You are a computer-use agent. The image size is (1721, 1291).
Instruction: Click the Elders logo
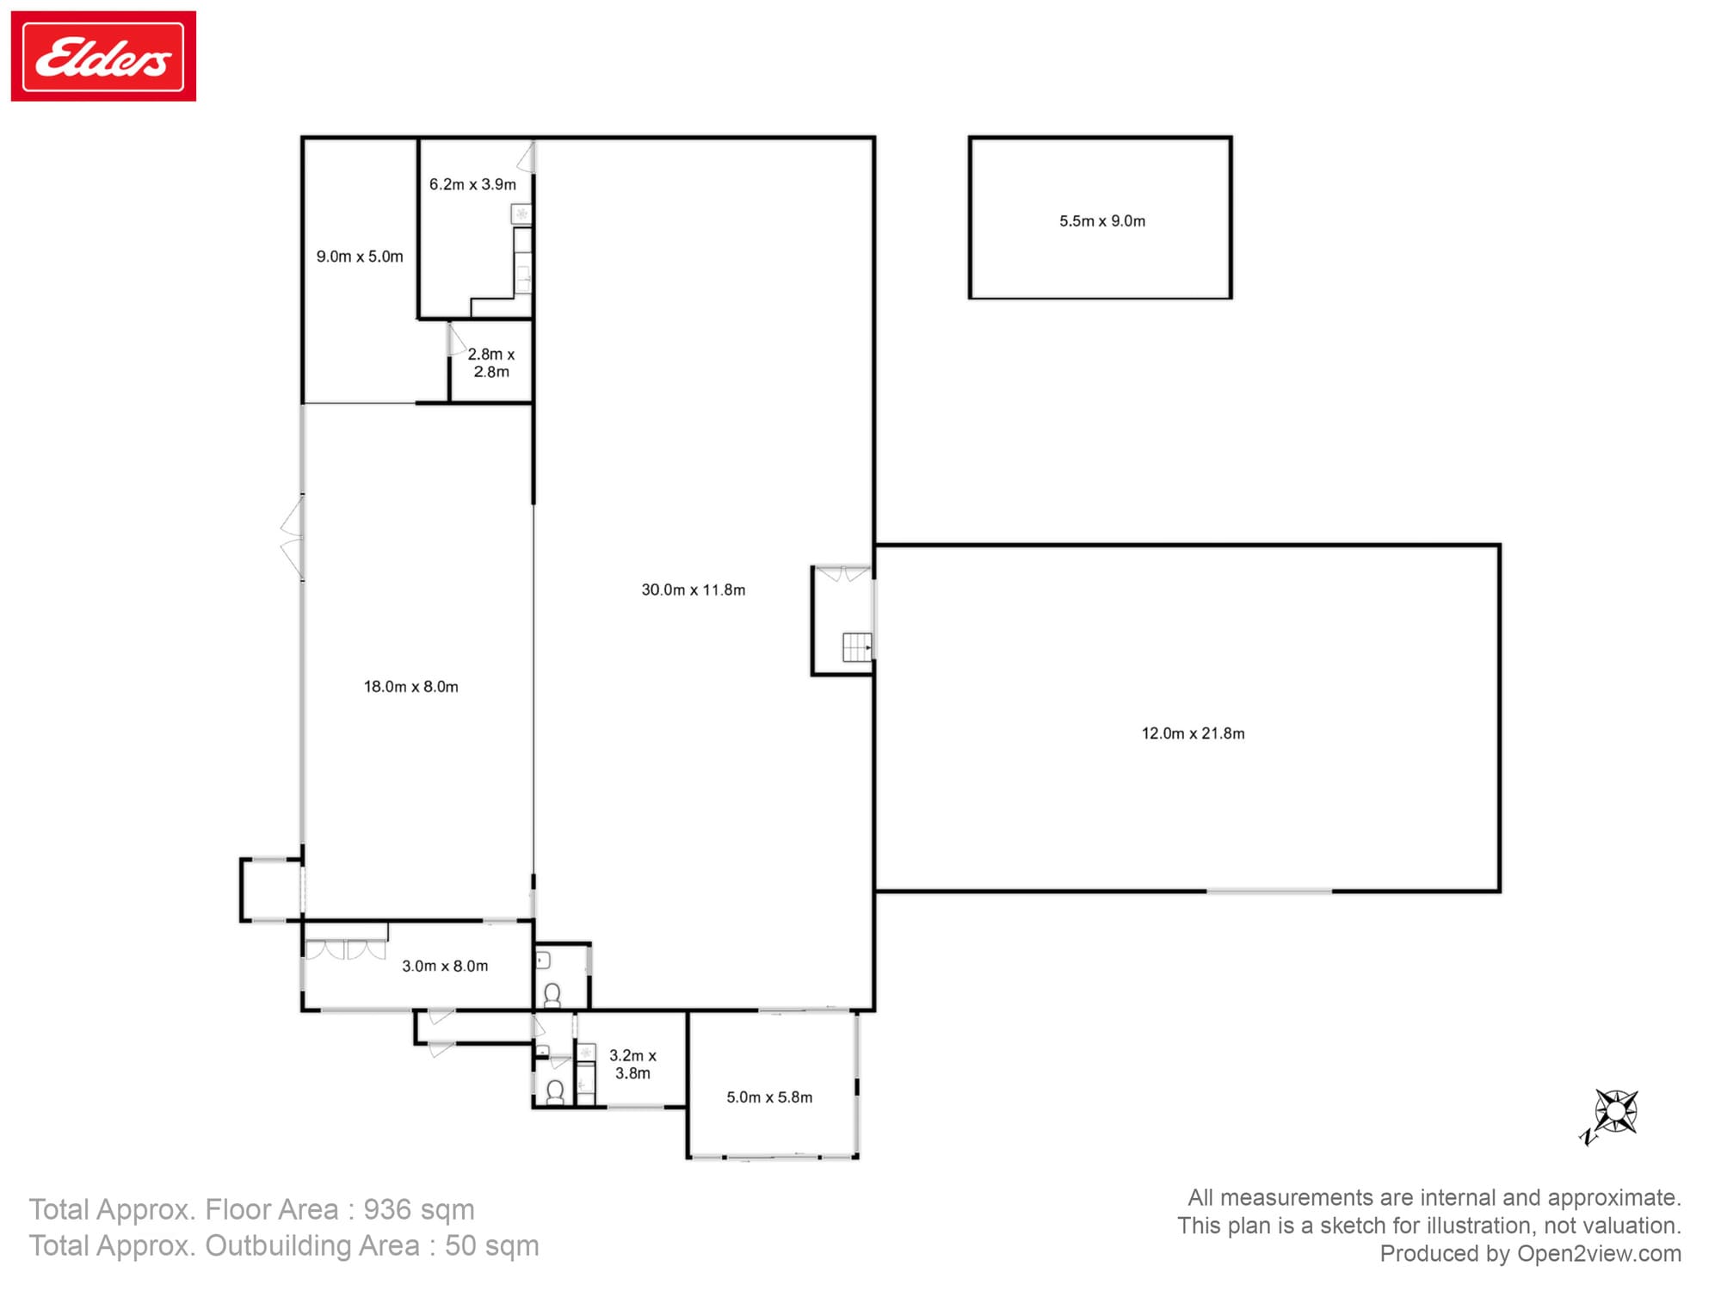(x=103, y=56)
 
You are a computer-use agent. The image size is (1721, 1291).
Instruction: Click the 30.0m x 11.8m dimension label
(x=694, y=590)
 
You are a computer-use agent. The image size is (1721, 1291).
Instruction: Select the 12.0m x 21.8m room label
(x=1193, y=733)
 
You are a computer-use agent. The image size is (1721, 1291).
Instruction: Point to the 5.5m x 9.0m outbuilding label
(x=1102, y=221)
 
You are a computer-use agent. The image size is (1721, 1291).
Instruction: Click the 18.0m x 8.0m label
(x=410, y=687)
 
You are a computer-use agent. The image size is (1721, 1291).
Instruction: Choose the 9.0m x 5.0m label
(x=360, y=256)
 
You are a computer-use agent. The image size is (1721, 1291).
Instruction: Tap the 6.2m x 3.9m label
(x=472, y=184)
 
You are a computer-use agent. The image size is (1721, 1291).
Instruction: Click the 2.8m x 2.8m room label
(x=491, y=362)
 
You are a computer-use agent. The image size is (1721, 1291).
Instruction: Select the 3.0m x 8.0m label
(x=445, y=967)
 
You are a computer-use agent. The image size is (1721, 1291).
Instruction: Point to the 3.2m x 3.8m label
(x=632, y=1064)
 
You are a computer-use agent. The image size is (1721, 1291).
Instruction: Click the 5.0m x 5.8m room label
(x=769, y=1097)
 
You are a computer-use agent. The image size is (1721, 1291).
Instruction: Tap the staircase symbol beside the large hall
(x=857, y=646)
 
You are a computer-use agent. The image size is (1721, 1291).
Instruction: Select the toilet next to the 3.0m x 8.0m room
(x=552, y=996)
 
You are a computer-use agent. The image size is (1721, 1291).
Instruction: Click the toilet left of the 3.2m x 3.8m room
(x=555, y=1092)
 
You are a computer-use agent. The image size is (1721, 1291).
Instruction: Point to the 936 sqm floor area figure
(x=418, y=1210)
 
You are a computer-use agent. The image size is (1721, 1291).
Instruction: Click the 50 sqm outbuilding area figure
(x=492, y=1246)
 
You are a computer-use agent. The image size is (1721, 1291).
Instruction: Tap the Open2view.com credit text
(x=1599, y=1254)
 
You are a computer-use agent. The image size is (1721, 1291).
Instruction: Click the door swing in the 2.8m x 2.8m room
(x=457, y=339)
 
